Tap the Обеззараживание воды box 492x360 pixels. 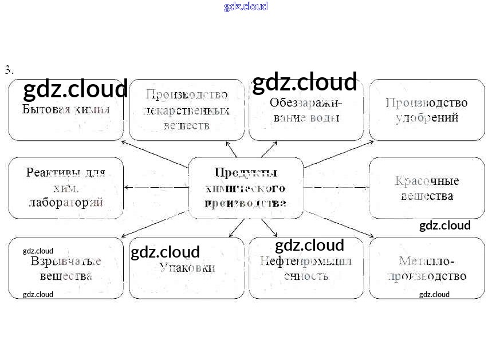pyautogui.click(x=306, y=110)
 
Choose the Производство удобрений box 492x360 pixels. pyautogui.click(x=427, y=110)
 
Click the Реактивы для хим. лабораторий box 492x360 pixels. pyautogui.click(x=66, y=188)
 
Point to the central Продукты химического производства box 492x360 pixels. pyautogui.click(x=246, y=188)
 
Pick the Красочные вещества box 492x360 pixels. pyautogui.click(x=427, y=188)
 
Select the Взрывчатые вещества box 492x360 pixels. pyautogui.click(x=66, y=268)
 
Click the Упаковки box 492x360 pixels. pyautogui.click(x=187, y=268)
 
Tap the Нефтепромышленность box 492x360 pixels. pyautogui.click(x=306, y=268)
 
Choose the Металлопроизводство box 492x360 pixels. pyautogui.click(x=427, y=268)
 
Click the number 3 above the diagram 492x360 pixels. pyautogui.click(x=9, y=70)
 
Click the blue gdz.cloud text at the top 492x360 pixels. pyautogui.click(x=246, y=6)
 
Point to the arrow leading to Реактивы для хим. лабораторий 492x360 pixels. pyautogui.click(x=155, y=187)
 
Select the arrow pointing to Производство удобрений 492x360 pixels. pyautogui.click(x=338, y=154)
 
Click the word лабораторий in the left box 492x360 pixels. pyautogui.click(x=66, y=202)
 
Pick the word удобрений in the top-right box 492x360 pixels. pyautogui.click(x=427, y=118)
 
